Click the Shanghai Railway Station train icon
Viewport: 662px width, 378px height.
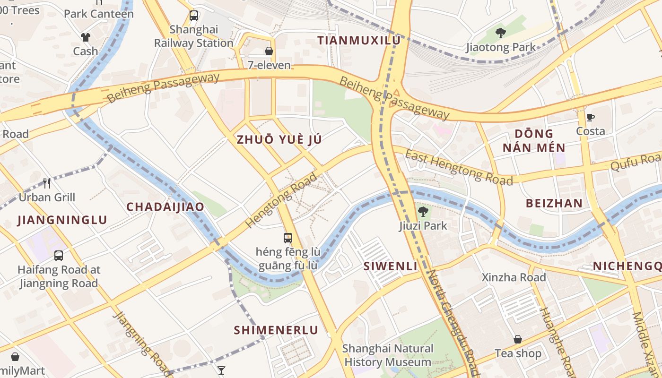point(194,16)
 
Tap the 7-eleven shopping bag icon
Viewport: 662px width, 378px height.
point(269,51)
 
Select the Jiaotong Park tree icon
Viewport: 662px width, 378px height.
point(501,33)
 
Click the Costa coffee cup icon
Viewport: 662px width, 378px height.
point(590,117)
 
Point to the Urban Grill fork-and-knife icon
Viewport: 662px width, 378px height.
point(47,183)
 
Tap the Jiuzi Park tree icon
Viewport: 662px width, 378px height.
point(423,211)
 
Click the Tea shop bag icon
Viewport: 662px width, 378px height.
point(518,339)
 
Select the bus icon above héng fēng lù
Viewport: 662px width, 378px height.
point(288,238)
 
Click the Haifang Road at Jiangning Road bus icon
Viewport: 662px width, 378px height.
point(59,256)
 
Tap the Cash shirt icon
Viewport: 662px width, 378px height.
point(85,37)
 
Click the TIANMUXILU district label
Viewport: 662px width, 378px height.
point(359,41)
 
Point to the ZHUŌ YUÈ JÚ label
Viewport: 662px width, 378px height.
point(279,139)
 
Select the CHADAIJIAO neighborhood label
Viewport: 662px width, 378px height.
point(165,207)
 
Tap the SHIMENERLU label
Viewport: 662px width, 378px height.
point(276,330)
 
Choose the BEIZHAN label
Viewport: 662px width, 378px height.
point(554,204)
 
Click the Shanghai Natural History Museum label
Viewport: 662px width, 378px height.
point(388,355)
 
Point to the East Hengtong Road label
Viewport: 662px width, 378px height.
point(459,168)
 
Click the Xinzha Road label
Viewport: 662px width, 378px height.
point(514,277)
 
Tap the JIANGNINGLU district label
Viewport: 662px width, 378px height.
point(62,220)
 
